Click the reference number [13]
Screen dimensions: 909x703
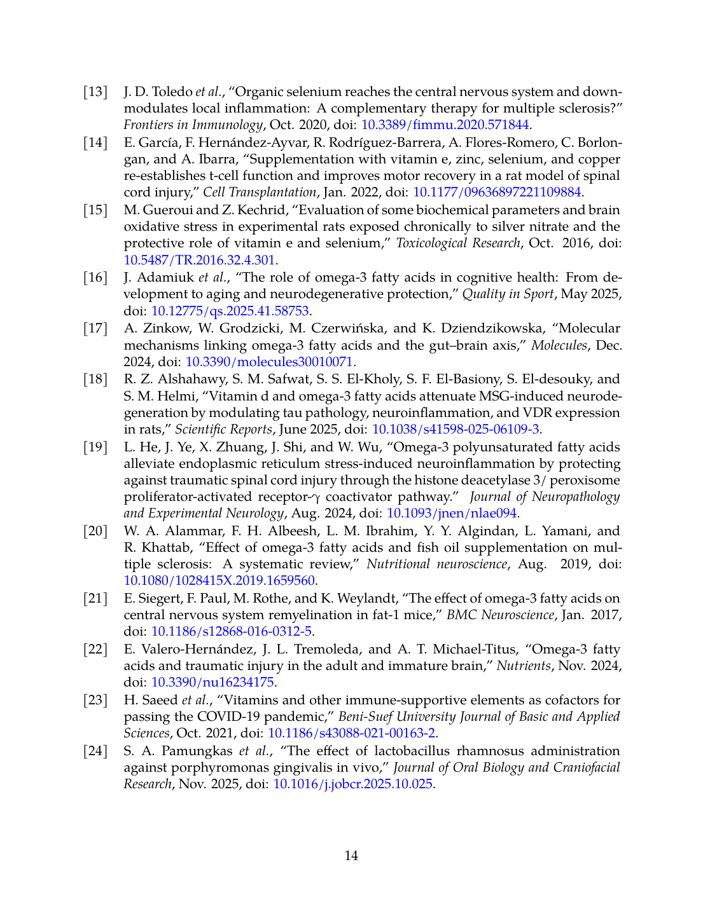[95, 92]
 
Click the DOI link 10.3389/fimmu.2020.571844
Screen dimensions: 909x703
[445, 125]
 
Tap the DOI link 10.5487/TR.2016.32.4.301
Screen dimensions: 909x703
[199, 259]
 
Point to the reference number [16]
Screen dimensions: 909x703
[95, 277]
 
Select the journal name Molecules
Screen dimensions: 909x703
[559, 345]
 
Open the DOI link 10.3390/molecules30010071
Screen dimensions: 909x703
[269, 362]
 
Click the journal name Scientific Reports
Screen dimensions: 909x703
[223, 429]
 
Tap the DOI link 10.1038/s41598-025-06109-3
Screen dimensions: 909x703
[456, 429]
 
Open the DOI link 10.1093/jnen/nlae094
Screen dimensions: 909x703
[452, 513]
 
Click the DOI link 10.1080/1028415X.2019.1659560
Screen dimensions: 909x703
[219, 580]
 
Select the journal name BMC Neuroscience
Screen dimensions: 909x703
[500, 615]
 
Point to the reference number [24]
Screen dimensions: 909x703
[95, 751]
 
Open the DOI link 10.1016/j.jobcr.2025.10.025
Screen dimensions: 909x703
[353, 784]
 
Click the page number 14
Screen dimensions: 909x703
[351, 856]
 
